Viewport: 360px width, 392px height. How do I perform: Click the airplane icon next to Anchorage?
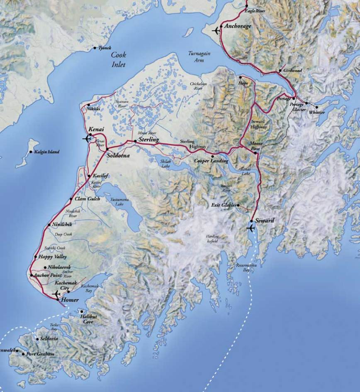(x=216, y=30)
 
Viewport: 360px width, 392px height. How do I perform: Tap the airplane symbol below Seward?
(x=251, y=228)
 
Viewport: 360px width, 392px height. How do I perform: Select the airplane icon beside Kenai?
(x=87, y=138)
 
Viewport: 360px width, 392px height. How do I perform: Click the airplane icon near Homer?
(x=56, y=294)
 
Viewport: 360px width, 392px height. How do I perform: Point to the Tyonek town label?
(x=105, y=48)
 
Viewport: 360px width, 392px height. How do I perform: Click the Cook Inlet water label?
(x=118, y=59)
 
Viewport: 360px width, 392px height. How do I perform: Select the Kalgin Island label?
(x=46, y=152)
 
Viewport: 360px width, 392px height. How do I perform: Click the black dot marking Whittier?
(x=306, y=103)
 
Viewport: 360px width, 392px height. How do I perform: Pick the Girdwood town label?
(x=293, y=71)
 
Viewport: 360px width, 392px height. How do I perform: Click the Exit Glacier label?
(x=223, y=205)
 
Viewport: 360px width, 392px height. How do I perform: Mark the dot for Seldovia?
(x=37, y=339)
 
